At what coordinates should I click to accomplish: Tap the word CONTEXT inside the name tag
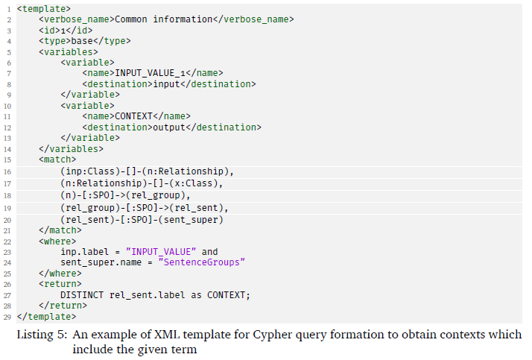pyautogui.click(x=136, y=116)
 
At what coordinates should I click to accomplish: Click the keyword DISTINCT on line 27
pyautogui.click(x=83, y=295)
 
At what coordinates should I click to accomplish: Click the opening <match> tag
pyautogui.click(x=57, y=160)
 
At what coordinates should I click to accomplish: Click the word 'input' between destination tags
pyautogui.click(x=166, y=83)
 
